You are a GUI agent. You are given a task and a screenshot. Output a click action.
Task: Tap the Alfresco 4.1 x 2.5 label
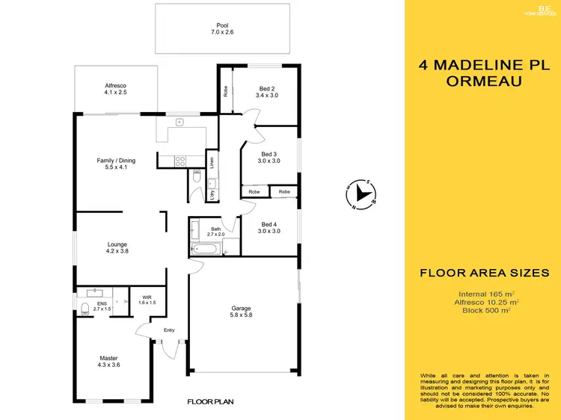pos(116,90)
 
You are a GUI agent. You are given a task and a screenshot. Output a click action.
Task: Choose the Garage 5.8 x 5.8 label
pos(241,312)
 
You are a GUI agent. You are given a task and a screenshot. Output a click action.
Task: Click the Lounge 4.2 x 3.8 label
pos(117,248)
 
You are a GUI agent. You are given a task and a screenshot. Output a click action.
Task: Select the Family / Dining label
pos(116,164)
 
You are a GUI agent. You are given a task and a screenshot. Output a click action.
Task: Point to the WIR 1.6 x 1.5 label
pos(147,300)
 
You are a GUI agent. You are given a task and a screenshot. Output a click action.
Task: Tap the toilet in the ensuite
pos(85,308)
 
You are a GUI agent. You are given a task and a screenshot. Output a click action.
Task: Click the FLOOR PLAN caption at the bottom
pos(210,402)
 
